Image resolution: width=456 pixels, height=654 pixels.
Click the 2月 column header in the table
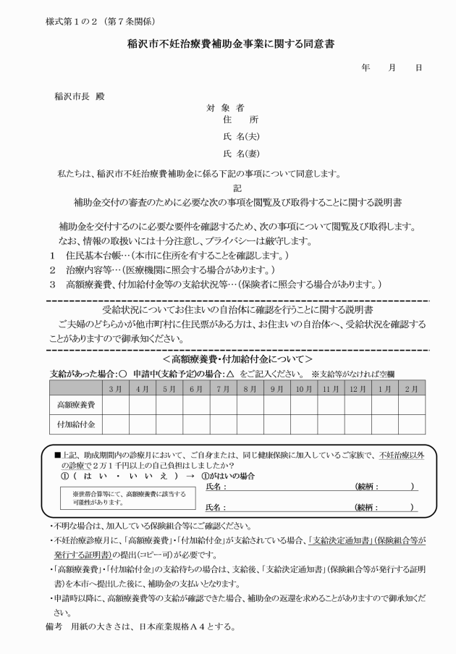(x=411, y=388)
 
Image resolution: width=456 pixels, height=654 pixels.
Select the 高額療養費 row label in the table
(x=75, y=404)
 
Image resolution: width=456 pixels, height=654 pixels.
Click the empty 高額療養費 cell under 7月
(x=222, y=404)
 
